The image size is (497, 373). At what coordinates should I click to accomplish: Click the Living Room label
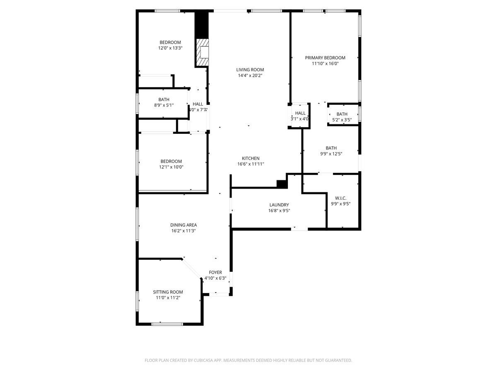pos(250,70)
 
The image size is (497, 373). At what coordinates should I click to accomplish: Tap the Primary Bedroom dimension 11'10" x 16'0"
pos(325,64)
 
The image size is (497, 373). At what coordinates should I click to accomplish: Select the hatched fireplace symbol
pos(203,53)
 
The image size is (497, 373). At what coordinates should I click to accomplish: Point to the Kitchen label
pos(251,158)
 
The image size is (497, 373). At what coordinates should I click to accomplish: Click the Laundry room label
pos(279,205)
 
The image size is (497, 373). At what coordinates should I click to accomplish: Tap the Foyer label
pos(215,272)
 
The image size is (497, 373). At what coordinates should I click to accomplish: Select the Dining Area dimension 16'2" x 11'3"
pos(183,231)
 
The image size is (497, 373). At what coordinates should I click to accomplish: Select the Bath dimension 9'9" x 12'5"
pos(331,154)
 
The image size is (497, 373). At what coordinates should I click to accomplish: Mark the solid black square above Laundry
pos(282,184)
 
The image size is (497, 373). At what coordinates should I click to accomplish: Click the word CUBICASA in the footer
pos(203,361)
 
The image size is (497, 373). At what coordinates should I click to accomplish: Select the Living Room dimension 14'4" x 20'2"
pos(250,76)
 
